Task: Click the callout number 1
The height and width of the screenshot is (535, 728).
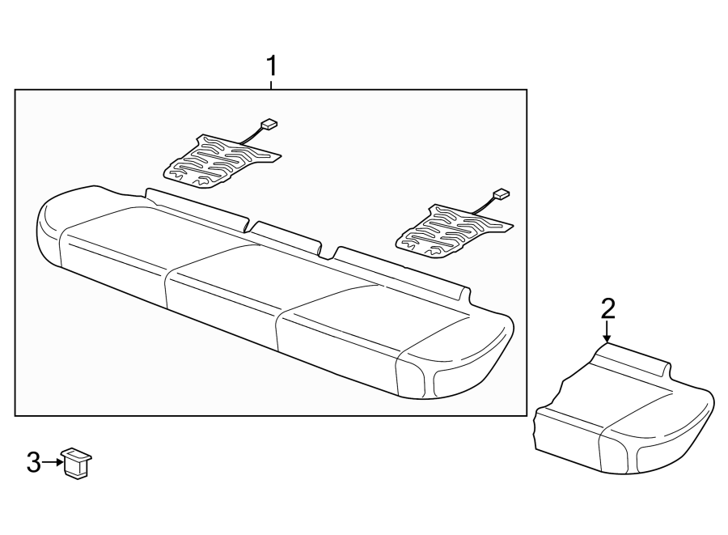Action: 272,65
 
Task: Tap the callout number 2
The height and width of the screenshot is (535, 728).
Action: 607,308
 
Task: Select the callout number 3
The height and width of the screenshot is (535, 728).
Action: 33,462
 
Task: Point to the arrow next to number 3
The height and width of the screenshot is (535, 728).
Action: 53,462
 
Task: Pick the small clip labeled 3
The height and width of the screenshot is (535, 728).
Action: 77,462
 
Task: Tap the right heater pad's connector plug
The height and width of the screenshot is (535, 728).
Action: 502,194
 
